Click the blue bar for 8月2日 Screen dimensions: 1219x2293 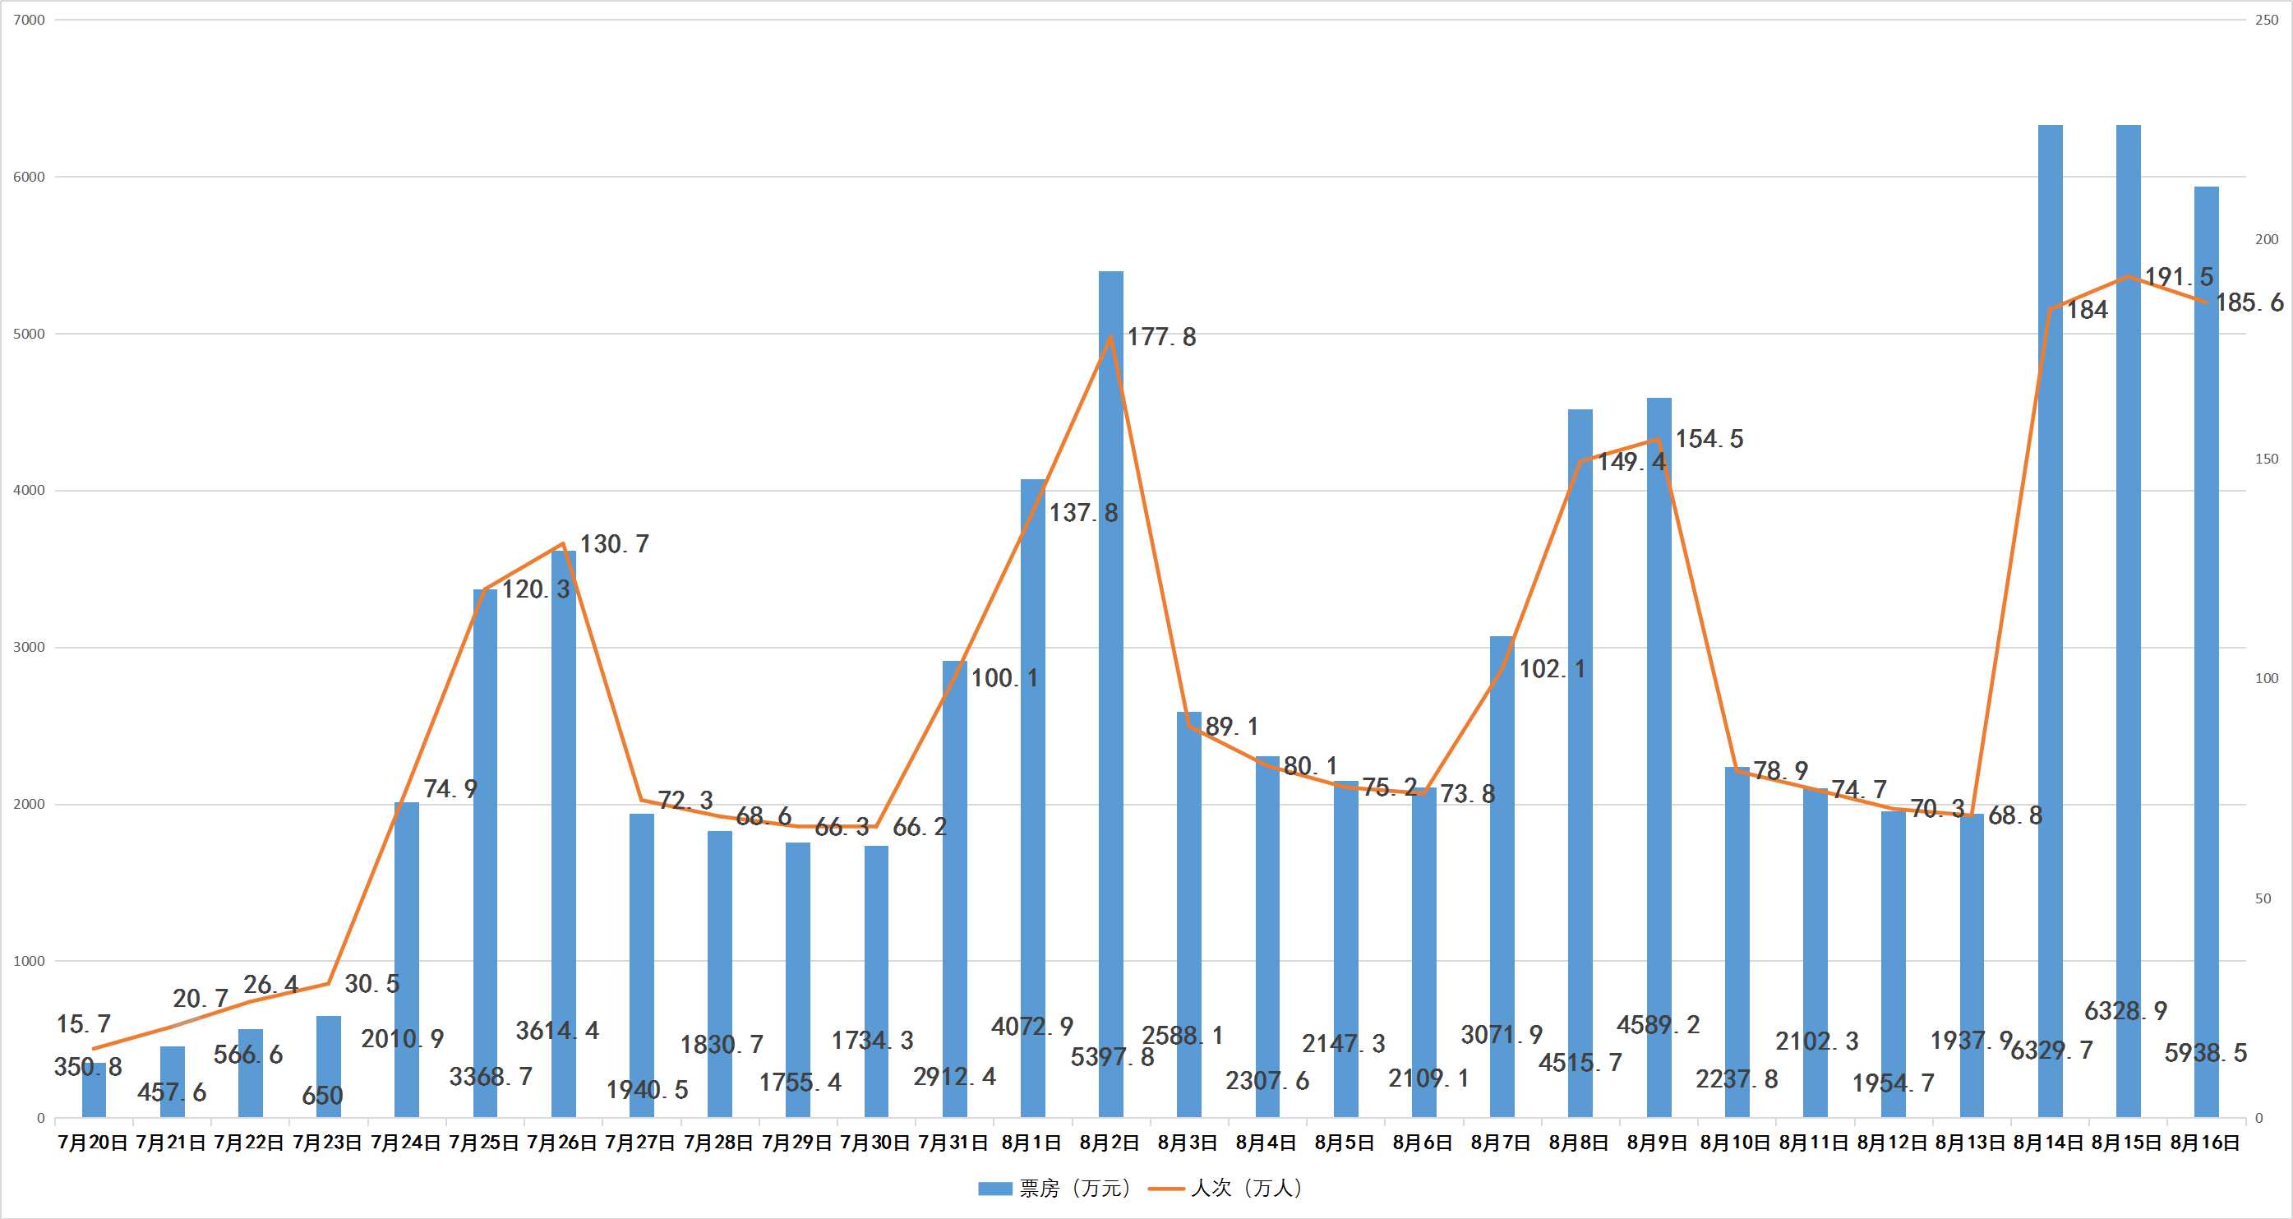[x=1111, y=695]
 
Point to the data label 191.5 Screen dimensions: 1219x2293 [x=2178, y=277]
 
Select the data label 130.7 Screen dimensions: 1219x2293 [x=614, y=544]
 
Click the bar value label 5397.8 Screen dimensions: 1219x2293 [x=1112, y=1057]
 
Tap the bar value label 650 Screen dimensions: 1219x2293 [x=322, y=1095]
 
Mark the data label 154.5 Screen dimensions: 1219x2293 [x=1709, y=439]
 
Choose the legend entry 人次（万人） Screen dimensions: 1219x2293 [x=1226, y=1188]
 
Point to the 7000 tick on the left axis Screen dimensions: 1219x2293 [x=30, y=20]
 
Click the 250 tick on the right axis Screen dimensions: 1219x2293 [x=2267, y=20]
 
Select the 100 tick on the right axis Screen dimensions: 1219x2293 [x=2267, y=678]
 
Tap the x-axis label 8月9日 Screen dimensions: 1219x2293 [x=1658, y=1143]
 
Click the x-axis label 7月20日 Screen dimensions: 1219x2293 [x=93, y=1143]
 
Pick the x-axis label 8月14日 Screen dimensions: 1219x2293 [x=2048, y=1143]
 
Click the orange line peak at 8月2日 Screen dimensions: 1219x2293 [x=1111, y=336]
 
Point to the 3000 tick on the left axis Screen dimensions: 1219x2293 [x=30, y=648]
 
